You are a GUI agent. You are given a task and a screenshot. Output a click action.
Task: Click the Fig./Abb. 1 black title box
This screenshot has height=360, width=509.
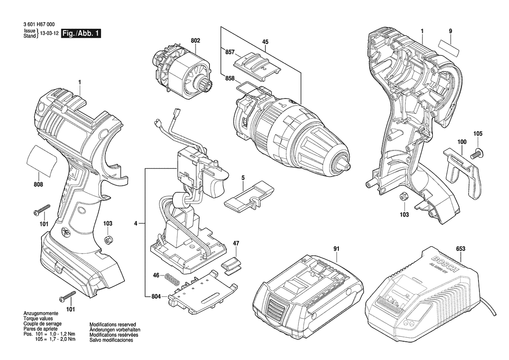(81, 33)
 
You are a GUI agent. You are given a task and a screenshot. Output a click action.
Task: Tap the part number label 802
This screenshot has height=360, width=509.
(196, 41)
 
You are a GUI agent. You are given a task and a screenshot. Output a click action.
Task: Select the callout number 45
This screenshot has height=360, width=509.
(265, 41)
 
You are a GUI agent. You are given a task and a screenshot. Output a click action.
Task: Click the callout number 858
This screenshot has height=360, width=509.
(230, 78)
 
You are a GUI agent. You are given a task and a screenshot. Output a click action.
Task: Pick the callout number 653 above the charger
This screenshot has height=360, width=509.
(461, 248)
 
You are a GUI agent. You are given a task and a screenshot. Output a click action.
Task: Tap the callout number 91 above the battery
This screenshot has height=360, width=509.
(336, 248)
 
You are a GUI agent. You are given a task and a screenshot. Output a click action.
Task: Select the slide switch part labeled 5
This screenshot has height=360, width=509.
(249, 197)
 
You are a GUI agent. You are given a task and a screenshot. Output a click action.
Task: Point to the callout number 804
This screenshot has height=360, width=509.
(156, 296)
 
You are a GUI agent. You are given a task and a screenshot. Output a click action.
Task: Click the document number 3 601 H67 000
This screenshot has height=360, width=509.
(39, 24)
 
